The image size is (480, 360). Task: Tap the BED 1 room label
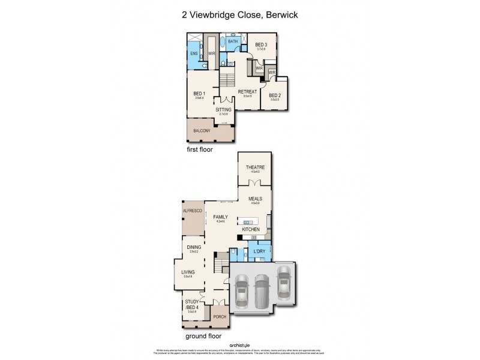click(x=199, y=94)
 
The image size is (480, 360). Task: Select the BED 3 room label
click(x=261, y=44)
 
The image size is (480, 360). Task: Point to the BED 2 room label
click(x=275, y=95)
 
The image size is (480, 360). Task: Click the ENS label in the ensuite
click(x=194, y=53)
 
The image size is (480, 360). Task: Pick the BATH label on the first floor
click(x=233, y=41)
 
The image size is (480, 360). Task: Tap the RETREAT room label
click(x=247, y=92)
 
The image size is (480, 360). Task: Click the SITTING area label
click(x=223, y=110)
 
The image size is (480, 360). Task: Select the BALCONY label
click(x=202, y=131)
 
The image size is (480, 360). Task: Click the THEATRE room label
click(x=255, y=167)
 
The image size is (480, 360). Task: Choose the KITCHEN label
click(x=251, y=230)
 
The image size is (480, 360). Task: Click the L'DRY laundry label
click(x=260, y=251)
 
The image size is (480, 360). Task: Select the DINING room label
click(x=194, y=247)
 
